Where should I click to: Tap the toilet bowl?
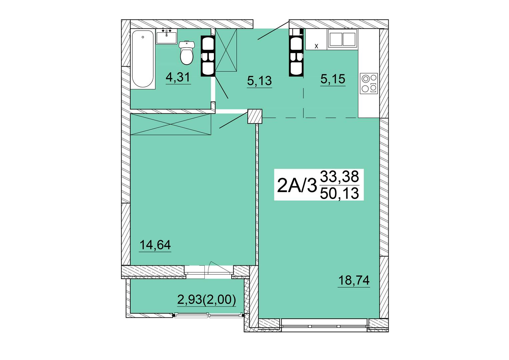click(187, 53)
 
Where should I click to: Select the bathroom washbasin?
click(166, 36)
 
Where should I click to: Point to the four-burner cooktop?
click(369, 83)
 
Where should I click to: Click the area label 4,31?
click(178, 78)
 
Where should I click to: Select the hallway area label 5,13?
click(259, 81)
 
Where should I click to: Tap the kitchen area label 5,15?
click(333, 79)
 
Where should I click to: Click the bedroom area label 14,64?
click(155, 245)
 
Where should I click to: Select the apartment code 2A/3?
click(297, 185)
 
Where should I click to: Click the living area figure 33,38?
click(339, 177)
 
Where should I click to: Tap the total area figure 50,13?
click(339, 194)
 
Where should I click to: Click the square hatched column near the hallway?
click(255, 116)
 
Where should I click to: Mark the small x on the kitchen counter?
click(316, 46)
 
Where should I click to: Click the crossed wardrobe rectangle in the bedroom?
click(171, 124)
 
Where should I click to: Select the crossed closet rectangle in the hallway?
click(226, 50)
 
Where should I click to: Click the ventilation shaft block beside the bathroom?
click(208, 56)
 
